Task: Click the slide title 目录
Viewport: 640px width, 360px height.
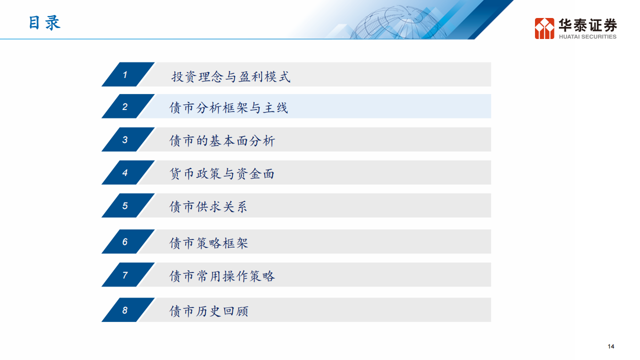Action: tap(44, 23)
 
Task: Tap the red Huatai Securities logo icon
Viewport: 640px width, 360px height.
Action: tap(544, 28)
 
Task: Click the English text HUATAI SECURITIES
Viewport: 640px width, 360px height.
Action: tap(587, 36)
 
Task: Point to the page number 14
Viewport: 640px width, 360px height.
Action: tap(611, 346)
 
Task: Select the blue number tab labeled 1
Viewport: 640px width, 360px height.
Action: tap(125, 74)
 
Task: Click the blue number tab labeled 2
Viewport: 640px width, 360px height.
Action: tap(125, 106)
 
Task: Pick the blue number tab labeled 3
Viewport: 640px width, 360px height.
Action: tap(125, 139)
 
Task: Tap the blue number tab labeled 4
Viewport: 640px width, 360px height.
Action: tap(125, 172)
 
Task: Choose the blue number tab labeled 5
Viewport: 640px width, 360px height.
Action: tap(125, 205)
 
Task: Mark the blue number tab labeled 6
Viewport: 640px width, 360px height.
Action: tap(125, 241)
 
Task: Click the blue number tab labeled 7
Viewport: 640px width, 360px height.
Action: tap(125, 274)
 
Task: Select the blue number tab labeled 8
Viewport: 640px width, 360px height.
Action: tap(125, 310)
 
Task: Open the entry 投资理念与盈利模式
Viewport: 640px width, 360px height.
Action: tap(230, 76)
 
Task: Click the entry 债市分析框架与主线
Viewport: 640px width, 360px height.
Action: tap(229, 107)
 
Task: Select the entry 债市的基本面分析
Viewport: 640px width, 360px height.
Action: tap(222, 140)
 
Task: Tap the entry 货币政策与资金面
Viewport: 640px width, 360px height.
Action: tap(222, 173)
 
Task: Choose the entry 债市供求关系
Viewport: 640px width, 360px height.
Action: tap(208, 206)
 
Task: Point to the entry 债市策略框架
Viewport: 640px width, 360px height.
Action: tap(208, 243)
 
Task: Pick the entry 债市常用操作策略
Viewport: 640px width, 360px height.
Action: tap(222, 276)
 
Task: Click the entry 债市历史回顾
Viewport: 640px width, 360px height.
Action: tap(208, 311)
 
